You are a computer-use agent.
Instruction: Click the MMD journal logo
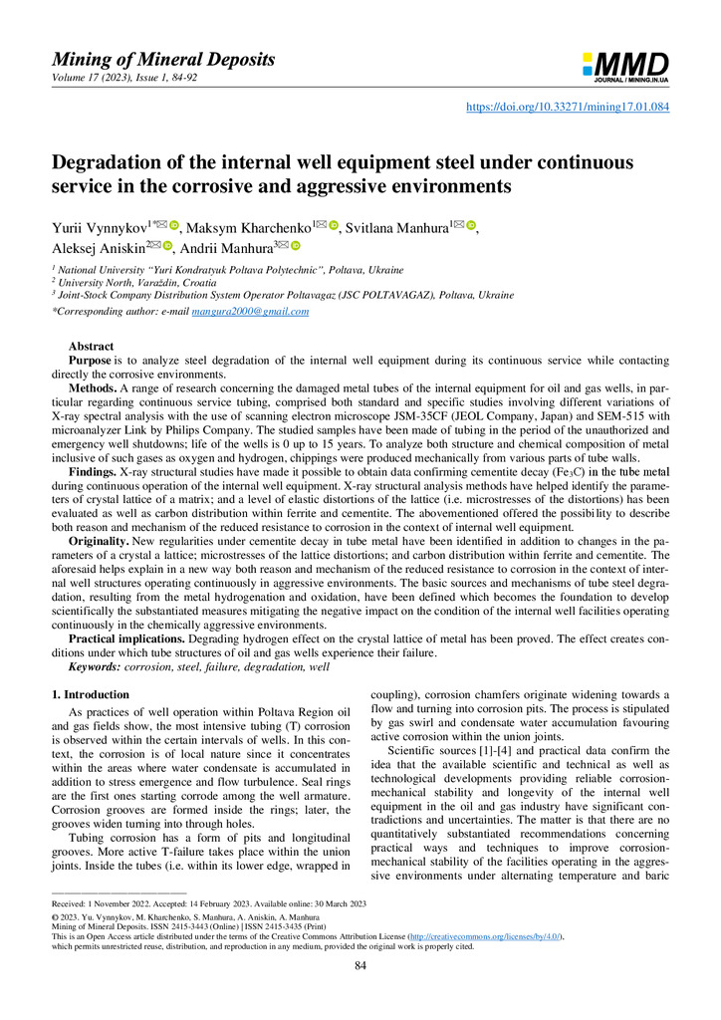tap(624, 66)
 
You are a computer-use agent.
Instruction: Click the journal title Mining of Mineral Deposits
tap(163, 60)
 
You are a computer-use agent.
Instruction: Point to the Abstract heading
tap(90, 347)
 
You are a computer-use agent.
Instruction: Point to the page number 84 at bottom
tap(360, 992)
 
